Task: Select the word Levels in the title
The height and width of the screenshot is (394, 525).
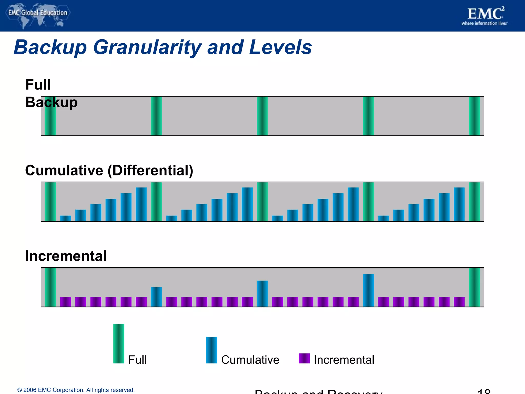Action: [280, 47]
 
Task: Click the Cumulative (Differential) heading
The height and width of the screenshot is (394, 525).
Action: [109, 170]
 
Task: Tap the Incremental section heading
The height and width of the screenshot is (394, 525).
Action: [66, 256]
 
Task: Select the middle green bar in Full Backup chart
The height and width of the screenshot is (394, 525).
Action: [262, 116]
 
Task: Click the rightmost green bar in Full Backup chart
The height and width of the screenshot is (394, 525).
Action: [474, 116]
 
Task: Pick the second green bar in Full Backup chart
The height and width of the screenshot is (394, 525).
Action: [156, 116]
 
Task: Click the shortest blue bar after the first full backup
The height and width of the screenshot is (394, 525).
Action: [66, 218]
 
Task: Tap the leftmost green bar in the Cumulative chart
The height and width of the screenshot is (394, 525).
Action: [50, 202]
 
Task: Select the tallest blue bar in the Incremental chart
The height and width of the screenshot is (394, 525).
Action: [368, 290]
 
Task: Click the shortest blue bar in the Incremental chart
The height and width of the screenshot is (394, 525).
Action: [156, 297]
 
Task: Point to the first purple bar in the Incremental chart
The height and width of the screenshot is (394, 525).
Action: [66, 302]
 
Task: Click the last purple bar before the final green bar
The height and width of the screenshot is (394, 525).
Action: [459, 302]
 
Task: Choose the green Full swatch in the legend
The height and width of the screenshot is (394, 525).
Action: [119, 343]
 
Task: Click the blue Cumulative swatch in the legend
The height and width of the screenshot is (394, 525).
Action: [211, 350]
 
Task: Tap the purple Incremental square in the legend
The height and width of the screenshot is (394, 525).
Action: [304, 358]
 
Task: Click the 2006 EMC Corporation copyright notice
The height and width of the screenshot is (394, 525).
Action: [76, 390]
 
